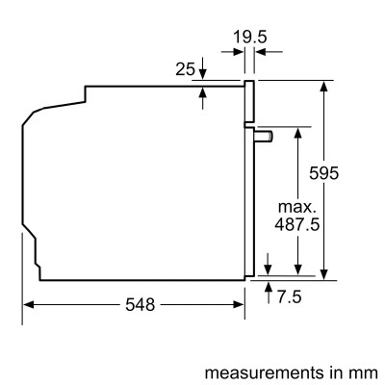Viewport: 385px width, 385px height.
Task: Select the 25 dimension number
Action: pyautogui.click(x=186, y=68)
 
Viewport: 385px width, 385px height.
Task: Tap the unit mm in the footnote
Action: pyautogui.click(x=366, y=370)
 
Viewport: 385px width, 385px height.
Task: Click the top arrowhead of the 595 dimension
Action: pyautogui.click(x=326, y=85)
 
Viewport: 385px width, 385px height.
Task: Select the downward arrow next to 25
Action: pyautogui.click(x=204, y=73)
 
